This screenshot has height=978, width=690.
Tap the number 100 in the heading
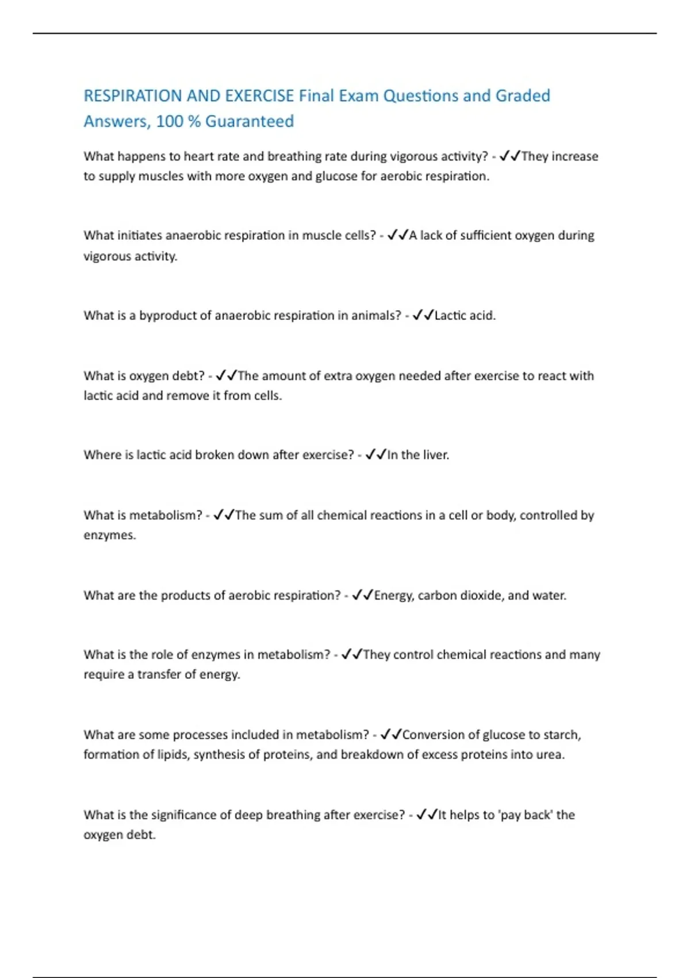click(x=169, y=121)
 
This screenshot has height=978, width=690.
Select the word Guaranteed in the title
click(x=250, y=121)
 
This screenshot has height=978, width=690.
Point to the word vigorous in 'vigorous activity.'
click(x=107, y=257)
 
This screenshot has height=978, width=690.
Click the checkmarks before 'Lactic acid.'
click(x=423, y=315)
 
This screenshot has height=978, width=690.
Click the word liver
click(x=435, y=455)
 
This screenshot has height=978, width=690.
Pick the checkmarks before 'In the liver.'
click(x=376, y=455)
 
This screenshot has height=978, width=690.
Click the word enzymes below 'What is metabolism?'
click(x=109, y=535)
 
